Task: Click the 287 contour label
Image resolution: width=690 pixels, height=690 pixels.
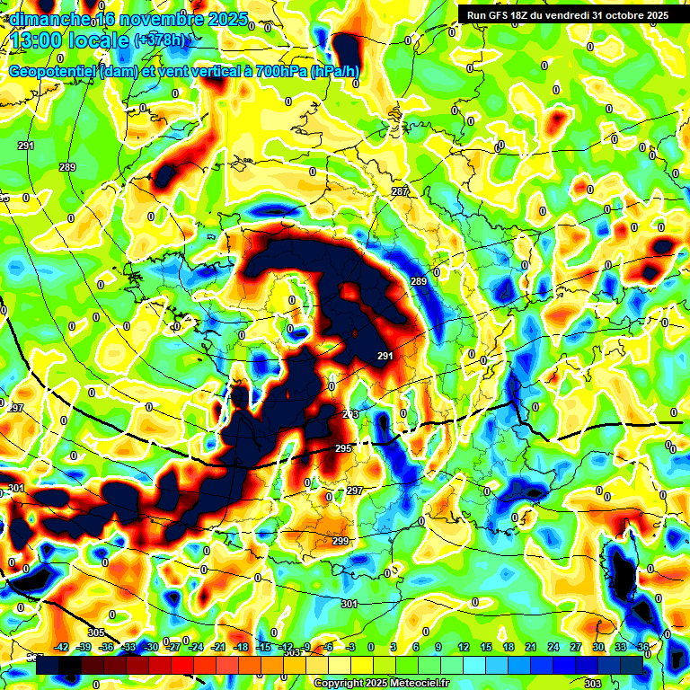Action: coord(400,192)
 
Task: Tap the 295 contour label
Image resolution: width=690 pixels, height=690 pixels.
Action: coord(343,448)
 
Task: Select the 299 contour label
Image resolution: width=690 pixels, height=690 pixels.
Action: coord(341,541)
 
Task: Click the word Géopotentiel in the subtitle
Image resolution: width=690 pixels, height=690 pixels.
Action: coord(54,72)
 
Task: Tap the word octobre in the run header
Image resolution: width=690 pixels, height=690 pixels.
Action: coord(620,14)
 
